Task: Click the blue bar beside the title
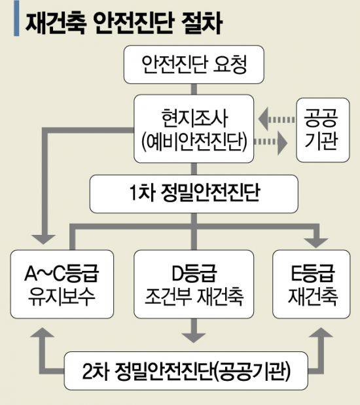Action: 16,18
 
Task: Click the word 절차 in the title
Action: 202,22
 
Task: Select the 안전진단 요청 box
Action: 194,65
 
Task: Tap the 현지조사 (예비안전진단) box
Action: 194,129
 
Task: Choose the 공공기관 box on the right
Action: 323,130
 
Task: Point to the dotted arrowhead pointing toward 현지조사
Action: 264,119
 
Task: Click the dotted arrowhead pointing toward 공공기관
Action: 282,143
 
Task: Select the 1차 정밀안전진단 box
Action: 194,194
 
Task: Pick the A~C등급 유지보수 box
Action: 62,284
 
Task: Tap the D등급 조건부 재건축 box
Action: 194,284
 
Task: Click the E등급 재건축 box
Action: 312,284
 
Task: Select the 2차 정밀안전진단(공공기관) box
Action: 186,371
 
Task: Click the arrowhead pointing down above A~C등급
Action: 43,239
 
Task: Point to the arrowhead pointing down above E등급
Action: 315,243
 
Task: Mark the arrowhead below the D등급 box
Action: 194,338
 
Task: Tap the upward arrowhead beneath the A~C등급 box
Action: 43,332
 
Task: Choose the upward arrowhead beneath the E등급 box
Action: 321,332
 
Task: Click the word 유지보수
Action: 62,297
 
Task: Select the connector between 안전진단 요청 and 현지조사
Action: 194,89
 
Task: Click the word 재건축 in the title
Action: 56,22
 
